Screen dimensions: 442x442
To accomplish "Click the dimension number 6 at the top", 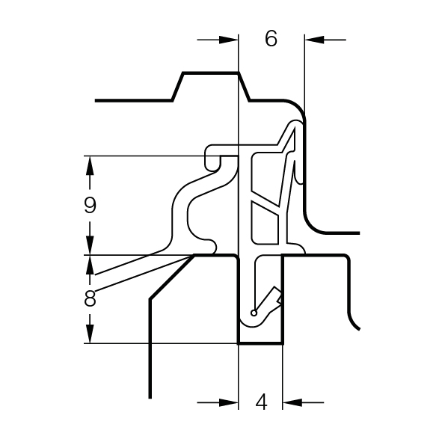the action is click(271, 39).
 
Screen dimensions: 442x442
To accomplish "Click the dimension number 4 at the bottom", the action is click(261, 402).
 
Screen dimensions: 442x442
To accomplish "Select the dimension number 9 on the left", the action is click(90, 205).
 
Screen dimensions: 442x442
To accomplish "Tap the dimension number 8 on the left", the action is click(90, 298).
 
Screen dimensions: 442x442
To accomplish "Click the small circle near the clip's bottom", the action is click(254, 313).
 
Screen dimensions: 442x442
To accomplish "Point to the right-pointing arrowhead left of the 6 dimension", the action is click(229, 40).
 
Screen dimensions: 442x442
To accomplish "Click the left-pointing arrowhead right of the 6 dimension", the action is click(314, 40).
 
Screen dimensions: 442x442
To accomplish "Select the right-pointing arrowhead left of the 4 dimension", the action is click(229, 402).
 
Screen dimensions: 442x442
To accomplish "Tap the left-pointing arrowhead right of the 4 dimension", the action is click(292, 402).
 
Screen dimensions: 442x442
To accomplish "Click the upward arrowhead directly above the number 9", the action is click(90, 165).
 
